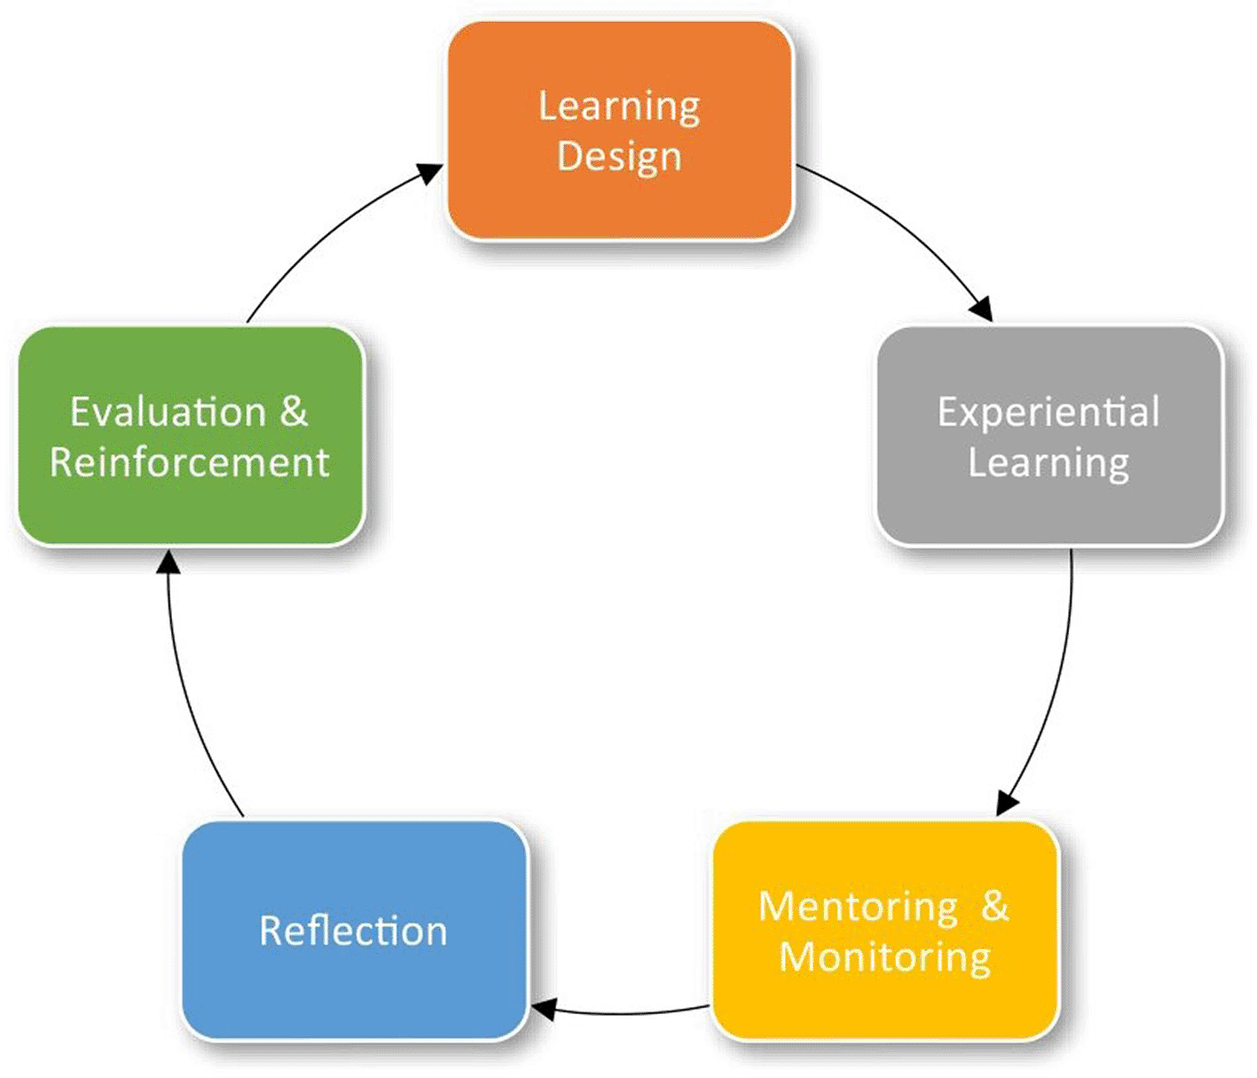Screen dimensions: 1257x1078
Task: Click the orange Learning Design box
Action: click(620, 130)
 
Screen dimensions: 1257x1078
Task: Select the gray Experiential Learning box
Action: click(1049, 436)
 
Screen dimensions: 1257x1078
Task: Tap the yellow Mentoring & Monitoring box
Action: click(885, 931)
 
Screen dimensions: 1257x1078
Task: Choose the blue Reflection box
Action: click(355, 931)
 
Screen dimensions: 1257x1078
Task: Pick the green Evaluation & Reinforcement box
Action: click(191, 436)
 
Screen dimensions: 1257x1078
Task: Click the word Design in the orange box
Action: click(619, 158)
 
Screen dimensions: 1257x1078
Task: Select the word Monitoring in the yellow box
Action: click(884, 959)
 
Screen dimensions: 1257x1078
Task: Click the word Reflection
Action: click(353, 932)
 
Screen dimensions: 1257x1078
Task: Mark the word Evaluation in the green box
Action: click(168, 413)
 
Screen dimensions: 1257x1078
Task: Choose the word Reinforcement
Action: click(190, 462)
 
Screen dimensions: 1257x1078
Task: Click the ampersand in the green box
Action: click(294, 412)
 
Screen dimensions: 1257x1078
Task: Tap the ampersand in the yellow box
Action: click(995, 907)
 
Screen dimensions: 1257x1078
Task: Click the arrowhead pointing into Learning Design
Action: click(430, 172)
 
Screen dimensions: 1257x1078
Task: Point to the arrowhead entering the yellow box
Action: click(1007, 803)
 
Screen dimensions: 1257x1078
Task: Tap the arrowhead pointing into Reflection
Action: click(543, 1010)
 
